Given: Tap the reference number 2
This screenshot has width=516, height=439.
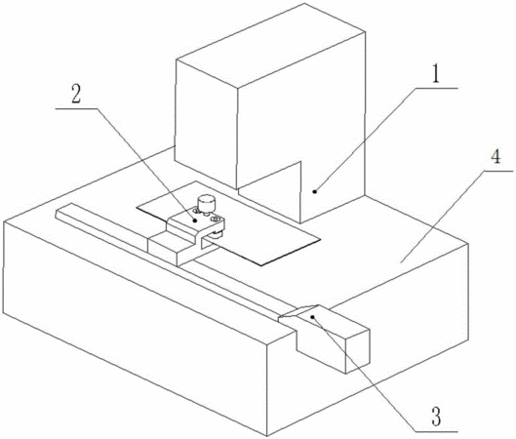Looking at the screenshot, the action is pos(76,94).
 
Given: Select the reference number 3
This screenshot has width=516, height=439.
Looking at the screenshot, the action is pos(436,417).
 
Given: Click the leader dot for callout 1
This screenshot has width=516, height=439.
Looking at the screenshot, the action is pos(315,191).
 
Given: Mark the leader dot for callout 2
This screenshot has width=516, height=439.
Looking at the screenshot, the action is pos(195,220).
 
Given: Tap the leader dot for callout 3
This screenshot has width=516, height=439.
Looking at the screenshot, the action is pos(313,317).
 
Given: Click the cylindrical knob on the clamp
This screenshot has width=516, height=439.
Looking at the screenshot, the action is pos(206,203).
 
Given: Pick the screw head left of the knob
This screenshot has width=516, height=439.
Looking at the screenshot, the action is pos(196,210).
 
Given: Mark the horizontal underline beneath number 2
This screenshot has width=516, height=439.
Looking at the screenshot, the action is pos(76,108).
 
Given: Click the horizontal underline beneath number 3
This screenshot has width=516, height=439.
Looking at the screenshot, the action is pos(436,430).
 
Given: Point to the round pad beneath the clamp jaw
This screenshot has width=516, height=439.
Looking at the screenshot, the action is pos(218,234).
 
